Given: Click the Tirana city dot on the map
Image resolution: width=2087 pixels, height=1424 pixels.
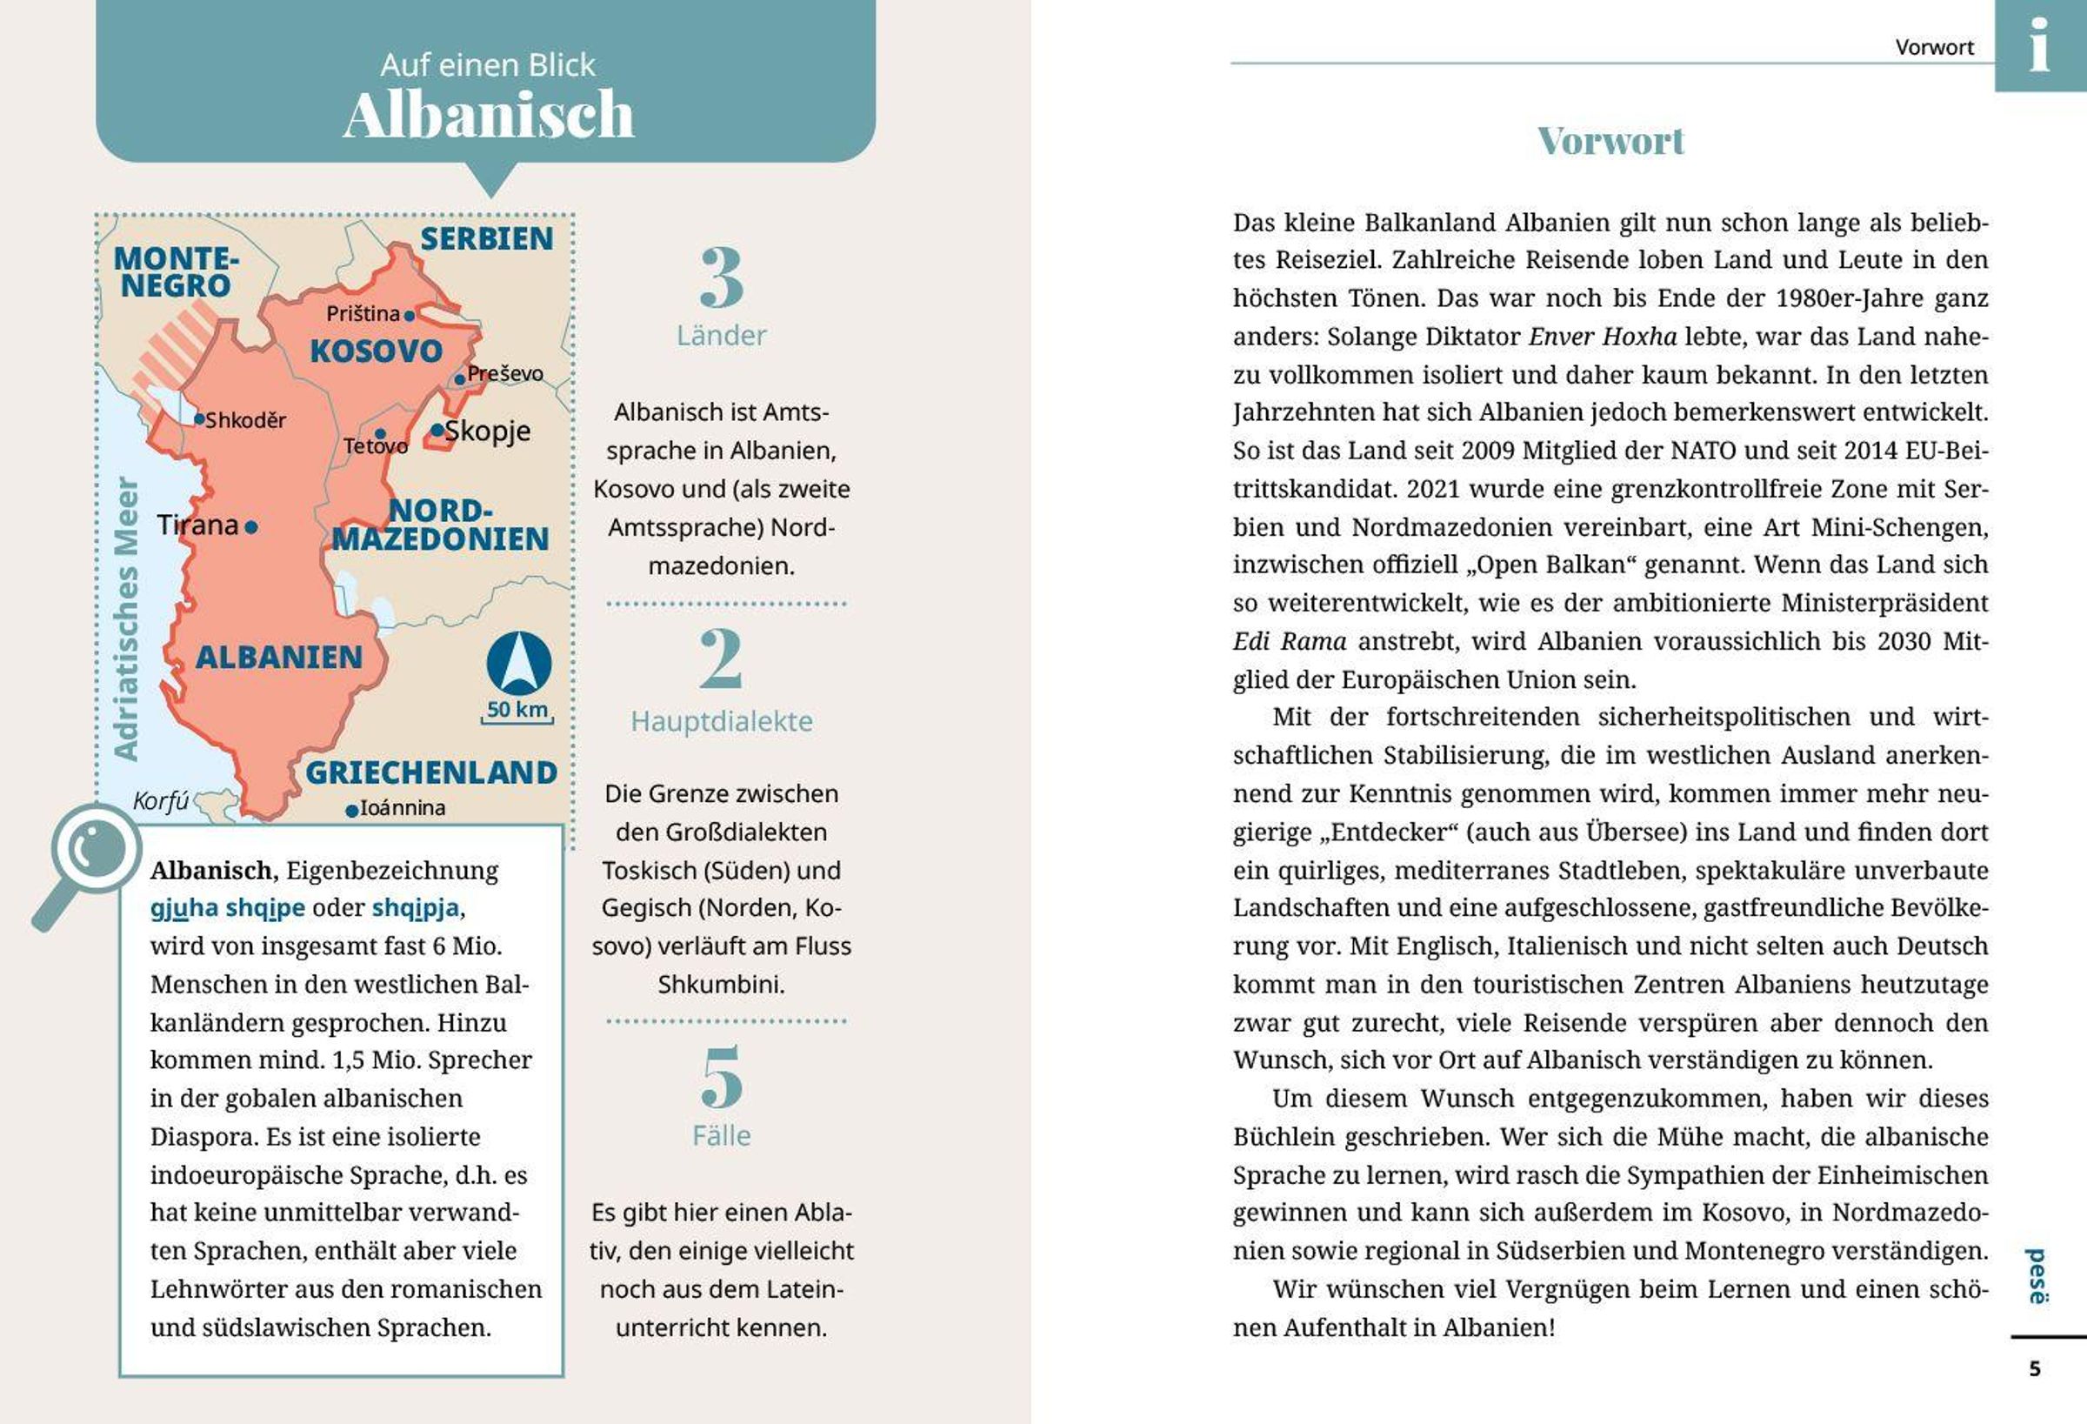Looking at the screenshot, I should pyautogui.click(x=251, y=527).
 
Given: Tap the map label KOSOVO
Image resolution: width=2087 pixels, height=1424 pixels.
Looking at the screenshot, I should pyautogui.click(x=377, y=351).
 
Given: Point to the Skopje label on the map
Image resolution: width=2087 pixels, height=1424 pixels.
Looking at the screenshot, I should pyautogui.click(x=488, y=431).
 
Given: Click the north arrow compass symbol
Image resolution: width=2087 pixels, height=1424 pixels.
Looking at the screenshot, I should pyautogui.click(x=519, y=663).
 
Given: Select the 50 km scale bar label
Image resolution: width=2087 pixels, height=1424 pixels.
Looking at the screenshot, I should pyautogui.click(x=517, y=710).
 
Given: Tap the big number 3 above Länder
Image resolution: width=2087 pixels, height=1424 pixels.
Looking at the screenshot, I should pyautogui.click(x=721, y=278).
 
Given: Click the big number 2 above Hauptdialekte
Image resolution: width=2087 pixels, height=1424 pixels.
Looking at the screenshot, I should pyautogui.click(x=721, y=659).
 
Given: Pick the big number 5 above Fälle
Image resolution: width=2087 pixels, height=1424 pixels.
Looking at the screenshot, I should pyautogui.click(x=721, y=1077).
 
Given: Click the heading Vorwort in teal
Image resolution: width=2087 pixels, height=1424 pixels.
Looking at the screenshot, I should pyautogui.click(x=1610, y=141).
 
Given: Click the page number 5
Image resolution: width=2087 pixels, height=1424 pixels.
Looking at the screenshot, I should pyautogui.click(x=2035, y=1368).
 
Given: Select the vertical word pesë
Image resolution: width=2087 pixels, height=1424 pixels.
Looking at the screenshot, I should pyautogui.click(x=2037, y=1276).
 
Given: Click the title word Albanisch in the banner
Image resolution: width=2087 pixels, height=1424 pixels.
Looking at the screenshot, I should pyautogui.click(x=489, y=115).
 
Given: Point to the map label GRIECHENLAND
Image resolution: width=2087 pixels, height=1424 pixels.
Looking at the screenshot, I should pyautogui.click(x=431, y=772).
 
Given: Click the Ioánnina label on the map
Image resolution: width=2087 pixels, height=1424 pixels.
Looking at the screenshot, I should pyautogui.click(x=403, y=807).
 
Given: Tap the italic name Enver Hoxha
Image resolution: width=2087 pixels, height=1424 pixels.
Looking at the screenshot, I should pyautogui.click(x=1602, y=337).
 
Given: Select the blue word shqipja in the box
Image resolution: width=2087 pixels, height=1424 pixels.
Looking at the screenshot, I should pyautogui.click(x=415, y=908).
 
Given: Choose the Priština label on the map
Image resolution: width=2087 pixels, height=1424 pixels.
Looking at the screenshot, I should pyautogui.click(x=363, y=313).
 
